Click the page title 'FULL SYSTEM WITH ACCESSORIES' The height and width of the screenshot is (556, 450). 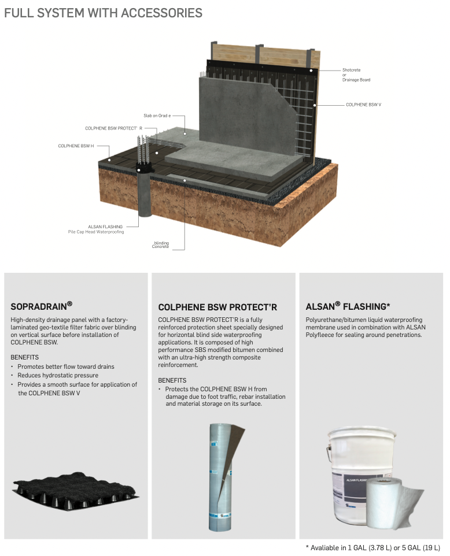point(103,13)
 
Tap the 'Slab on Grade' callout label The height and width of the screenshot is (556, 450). point(157,116)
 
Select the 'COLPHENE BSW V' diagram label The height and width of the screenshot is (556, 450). point(363,105)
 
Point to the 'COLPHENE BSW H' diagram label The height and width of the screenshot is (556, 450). point(76,146)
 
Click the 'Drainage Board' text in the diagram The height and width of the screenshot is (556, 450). point(356,80)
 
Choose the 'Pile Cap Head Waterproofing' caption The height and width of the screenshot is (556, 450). point(96,232)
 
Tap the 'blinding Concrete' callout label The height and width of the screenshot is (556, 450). point(161,244)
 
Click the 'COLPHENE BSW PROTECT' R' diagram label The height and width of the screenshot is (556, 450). point(113,128)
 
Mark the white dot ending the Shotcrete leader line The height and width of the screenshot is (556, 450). point(311,71)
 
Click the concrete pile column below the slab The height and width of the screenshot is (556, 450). point(145,194)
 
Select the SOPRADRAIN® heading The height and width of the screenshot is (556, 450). point(42,305)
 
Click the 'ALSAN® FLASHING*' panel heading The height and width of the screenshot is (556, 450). point(348,306)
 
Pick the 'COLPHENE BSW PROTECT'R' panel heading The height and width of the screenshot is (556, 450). point(217,307)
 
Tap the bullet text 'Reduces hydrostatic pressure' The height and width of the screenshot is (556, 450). point(58,375)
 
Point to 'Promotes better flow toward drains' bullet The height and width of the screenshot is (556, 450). point(66,366)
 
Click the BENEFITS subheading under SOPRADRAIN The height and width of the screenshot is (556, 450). point(24,357)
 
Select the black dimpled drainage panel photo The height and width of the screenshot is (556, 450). point(76,491)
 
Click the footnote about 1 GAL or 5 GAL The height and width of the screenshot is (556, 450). point(373,548)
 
